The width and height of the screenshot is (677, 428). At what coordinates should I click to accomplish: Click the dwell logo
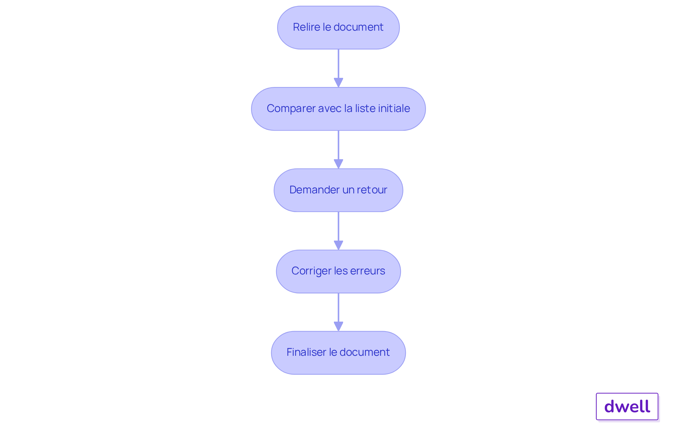click(627, 407)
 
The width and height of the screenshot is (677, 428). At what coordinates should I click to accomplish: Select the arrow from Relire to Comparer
click(338, 68)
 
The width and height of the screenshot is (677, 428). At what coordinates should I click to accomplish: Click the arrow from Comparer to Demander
click(338, 150)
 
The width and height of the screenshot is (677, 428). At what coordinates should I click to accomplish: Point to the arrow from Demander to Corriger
click(338, 231)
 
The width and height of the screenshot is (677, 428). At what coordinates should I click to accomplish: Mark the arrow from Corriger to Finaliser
click(338, 312)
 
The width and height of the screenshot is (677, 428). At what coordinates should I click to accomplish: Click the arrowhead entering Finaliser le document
click(338, 327)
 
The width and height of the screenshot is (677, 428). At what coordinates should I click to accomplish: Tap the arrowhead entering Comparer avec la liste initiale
click(338, 83)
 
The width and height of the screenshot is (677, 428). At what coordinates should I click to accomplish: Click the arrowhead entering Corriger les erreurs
click(338, 246)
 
